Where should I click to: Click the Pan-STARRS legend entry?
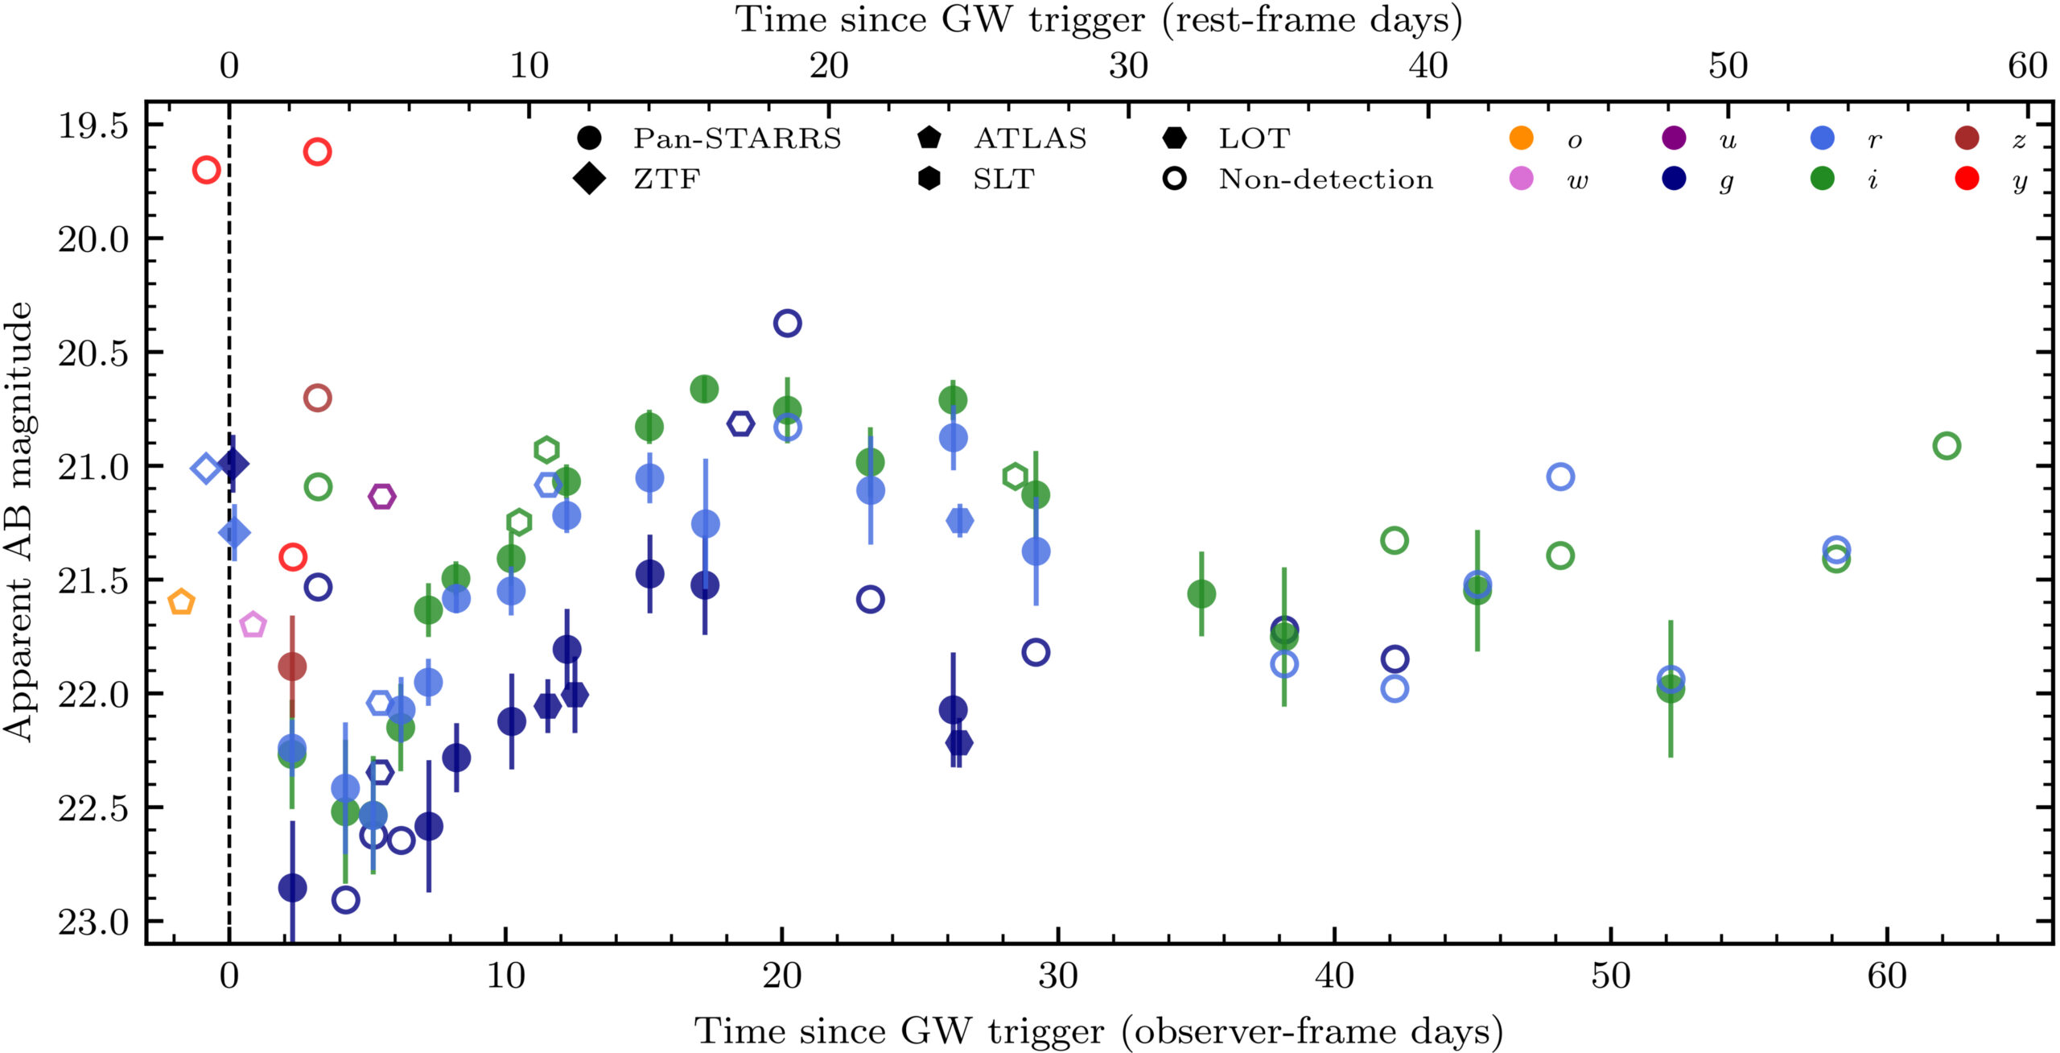(736, 138)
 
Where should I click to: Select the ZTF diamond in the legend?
(589, 178)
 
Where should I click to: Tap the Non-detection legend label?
(1325, 179)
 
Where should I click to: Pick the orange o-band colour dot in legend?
(1521, 138)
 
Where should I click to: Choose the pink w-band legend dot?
(1521, 179)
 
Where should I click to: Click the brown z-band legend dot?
(1967, 138)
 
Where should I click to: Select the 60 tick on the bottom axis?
(1887, 977)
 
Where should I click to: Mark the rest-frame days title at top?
(1098, 19)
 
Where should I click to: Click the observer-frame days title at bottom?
(1098, 1031)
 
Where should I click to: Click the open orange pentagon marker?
(182, 601)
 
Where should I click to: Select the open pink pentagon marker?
(253, 624)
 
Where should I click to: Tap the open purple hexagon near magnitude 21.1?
(381, 496)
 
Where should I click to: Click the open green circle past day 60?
(1946, 445)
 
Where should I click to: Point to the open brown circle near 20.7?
(318, 397)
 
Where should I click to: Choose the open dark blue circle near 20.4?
(787, 323)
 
